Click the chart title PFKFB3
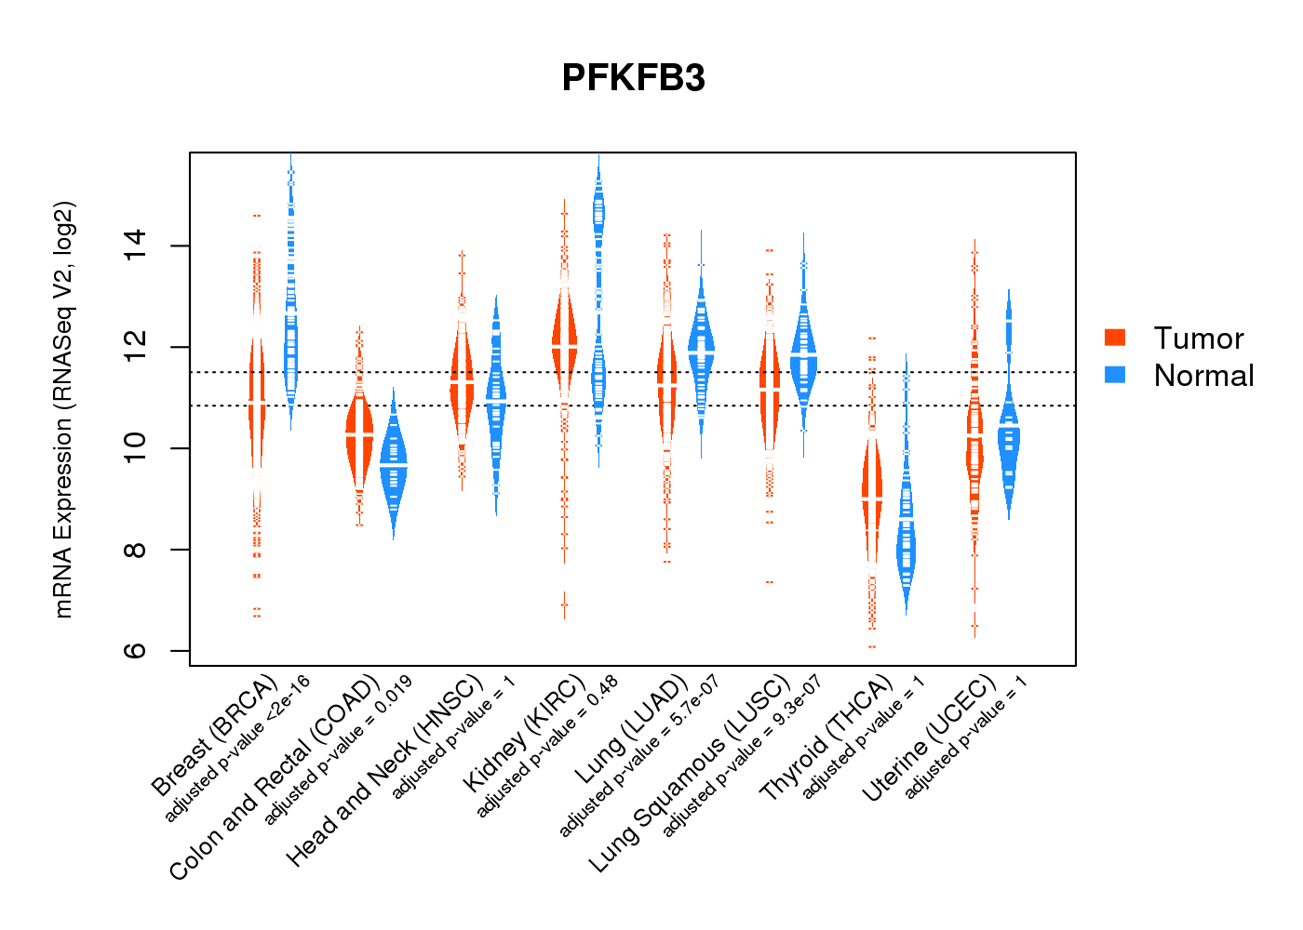coord(633,78)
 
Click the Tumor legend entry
coord(1198,339)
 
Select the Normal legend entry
coord(1203,376)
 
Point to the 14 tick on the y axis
coord(135,246)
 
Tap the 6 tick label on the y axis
coord(135,650)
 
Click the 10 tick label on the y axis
coord(135,448)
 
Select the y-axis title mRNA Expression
coord(63,409)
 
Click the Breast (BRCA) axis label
coord(214,735)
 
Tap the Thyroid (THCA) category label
coord(826,739)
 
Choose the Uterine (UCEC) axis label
coord(929,739)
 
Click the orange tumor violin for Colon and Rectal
coord(359,437)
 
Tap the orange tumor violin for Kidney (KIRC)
coord(564,339)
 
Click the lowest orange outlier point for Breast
coord(257,615)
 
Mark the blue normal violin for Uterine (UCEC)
coord(1009,446)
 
